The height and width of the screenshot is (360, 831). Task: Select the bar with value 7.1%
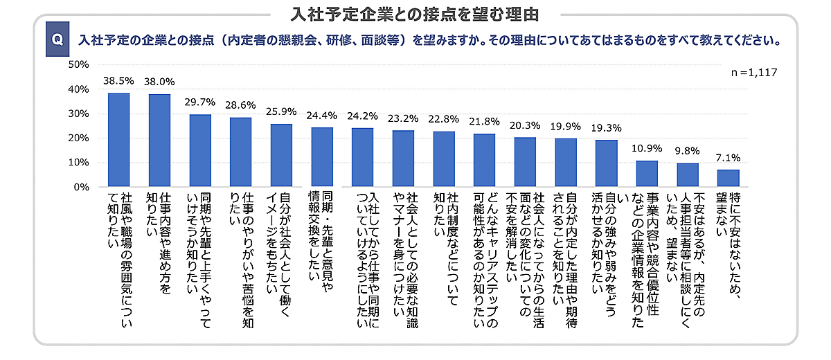[x=728, y=178]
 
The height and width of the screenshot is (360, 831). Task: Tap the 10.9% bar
[x=647, y=174]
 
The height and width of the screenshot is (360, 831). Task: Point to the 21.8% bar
[x=484, y=160]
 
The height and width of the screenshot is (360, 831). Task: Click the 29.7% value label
[x=199, y=102]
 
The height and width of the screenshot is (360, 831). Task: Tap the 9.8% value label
[x=687, y=151]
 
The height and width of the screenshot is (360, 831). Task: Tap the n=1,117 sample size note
[x=755, y=72]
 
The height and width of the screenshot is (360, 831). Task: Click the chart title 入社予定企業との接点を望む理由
[x=415, y=13]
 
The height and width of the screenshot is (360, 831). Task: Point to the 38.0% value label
[x=159, y=82]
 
